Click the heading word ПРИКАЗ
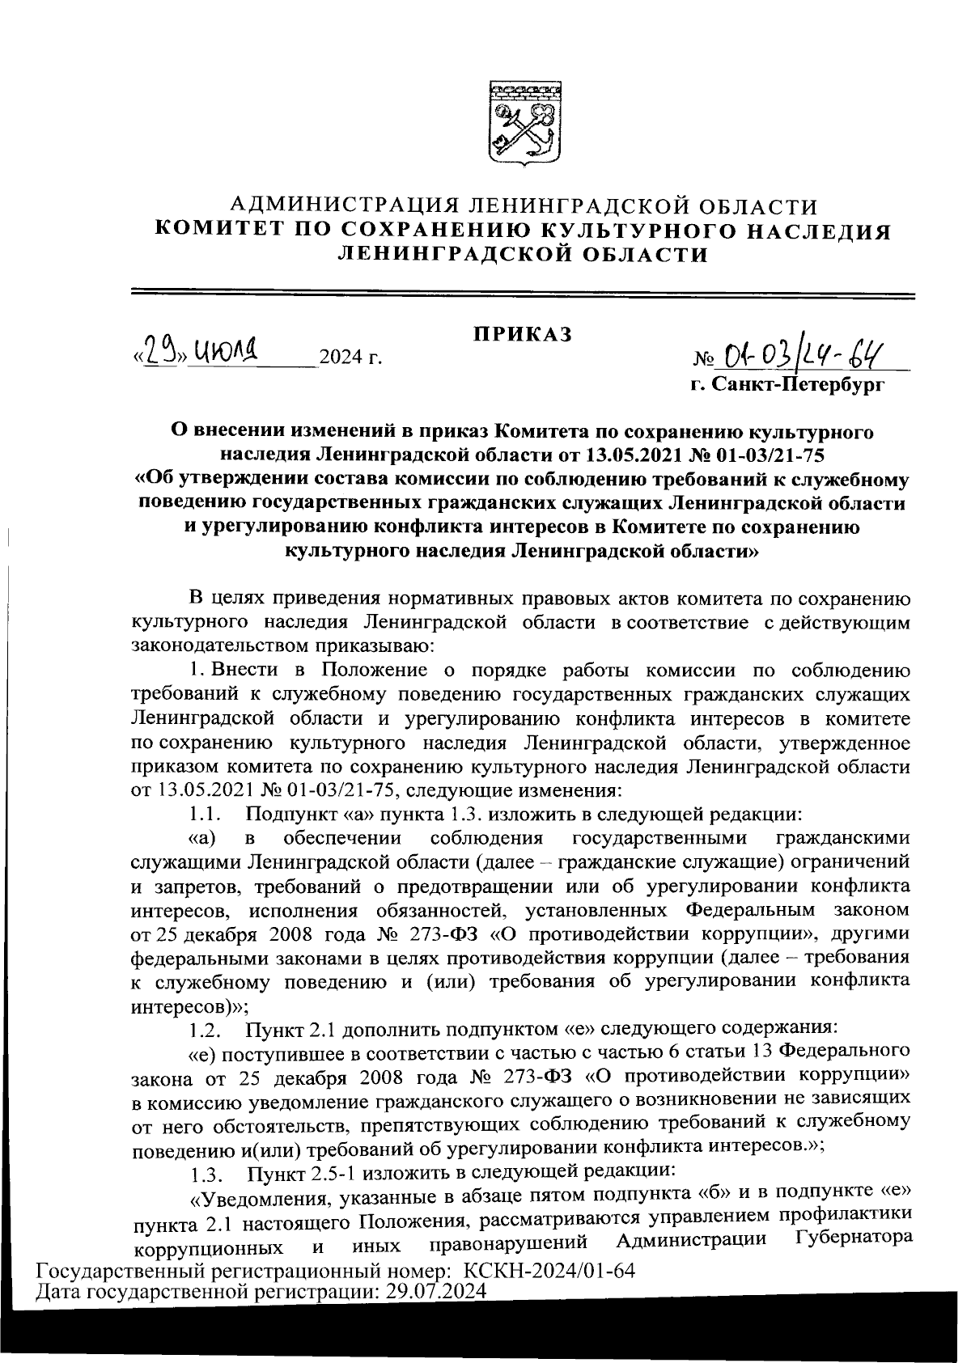pyautogui.click(x=523, y=333)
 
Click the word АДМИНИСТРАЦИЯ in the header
pyautogui.click(x=330, y=207)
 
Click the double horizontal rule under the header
pyautogui.click(x=523, y=293)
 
